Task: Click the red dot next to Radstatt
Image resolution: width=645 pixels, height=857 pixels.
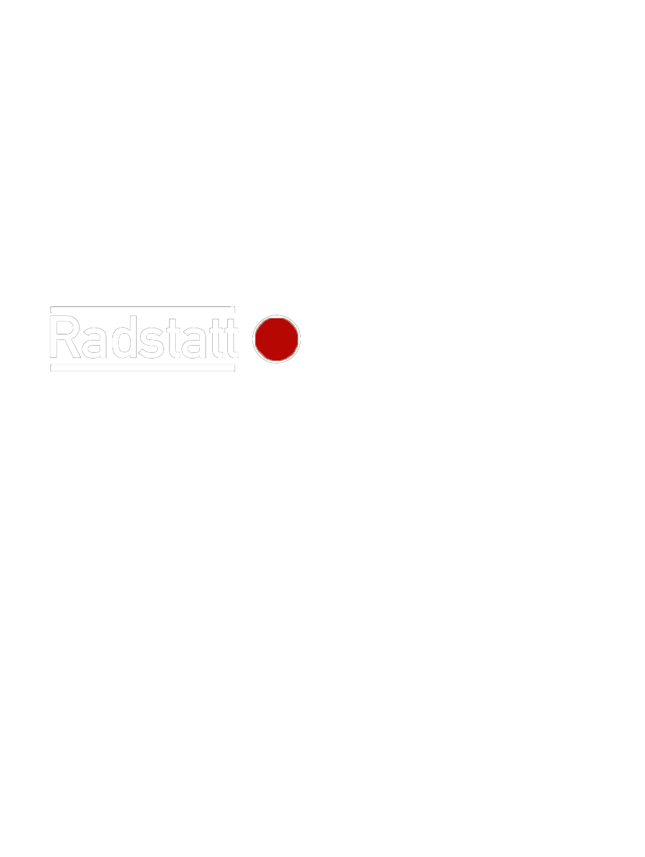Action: (277, 338)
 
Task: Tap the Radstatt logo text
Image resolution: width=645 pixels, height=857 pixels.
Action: (143, 338)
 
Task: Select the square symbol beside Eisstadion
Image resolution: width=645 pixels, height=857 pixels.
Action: (329, 495)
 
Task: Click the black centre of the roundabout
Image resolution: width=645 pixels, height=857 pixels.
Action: (389, 601)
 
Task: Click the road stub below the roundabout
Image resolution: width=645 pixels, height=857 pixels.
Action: (389, 700)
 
